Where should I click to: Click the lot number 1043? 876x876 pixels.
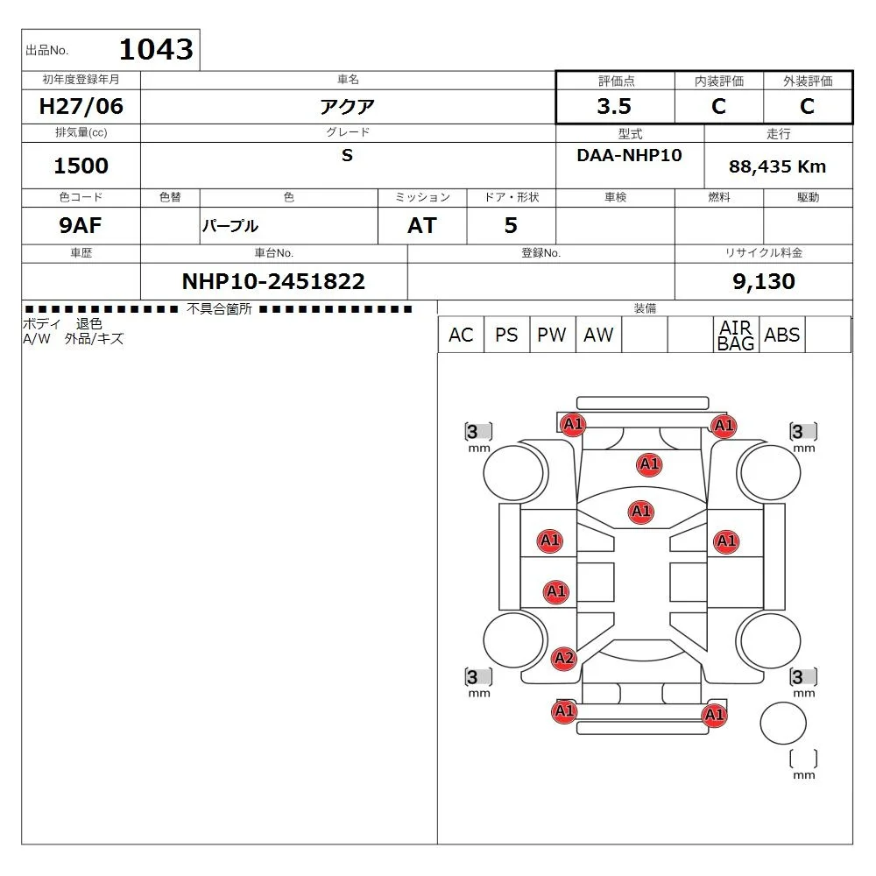point(155,49)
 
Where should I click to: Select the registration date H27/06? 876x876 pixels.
point(82,107)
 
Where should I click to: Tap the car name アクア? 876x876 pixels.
point(347,107)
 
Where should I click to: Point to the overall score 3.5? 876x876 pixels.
point(613,107)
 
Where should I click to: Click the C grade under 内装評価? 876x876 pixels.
point(718,107)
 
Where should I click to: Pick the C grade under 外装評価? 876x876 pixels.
point(807,107)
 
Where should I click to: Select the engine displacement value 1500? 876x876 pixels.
point(81,166)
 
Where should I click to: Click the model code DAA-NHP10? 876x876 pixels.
point(629,155)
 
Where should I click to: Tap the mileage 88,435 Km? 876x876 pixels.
point(777,166)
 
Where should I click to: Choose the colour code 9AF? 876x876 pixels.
point(81,226)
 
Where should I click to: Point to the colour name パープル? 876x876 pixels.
point(230,226)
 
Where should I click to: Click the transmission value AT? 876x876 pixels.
point(421,226)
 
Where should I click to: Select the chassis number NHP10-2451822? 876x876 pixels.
point(273,281)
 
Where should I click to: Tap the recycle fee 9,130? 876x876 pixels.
point(763,281)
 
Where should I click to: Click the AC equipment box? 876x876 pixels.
point(460,335)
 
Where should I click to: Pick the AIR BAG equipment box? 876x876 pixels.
point(735,335)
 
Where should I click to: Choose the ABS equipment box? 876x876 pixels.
point(781,335)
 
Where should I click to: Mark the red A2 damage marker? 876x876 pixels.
point(564,658)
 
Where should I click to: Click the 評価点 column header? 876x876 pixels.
point(617,81)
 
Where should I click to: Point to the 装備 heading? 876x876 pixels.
point(645,308)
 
